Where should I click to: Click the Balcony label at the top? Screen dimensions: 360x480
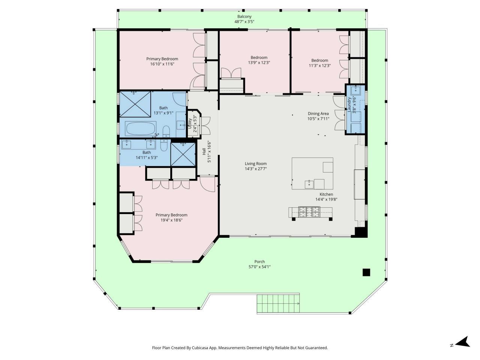pos(244,16)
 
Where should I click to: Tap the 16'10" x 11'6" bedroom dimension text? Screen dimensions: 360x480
pos(162,64)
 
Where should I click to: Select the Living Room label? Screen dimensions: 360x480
pos(256,163)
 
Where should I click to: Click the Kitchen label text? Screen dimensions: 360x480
pos(326,194)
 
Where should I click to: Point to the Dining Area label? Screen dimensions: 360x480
pos(318,114)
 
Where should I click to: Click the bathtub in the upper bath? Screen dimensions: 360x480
pos(141,129)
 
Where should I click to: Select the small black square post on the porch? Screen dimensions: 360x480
pos(366,273)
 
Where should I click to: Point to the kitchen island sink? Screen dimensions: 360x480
pos(310,184)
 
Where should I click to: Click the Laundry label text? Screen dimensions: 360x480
pos(349,104)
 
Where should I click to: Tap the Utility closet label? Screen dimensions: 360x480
pos(190,124)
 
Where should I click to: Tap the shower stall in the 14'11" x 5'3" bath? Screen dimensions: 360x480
pos(183,154)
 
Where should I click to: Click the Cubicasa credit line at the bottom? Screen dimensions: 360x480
pos(240,348)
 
